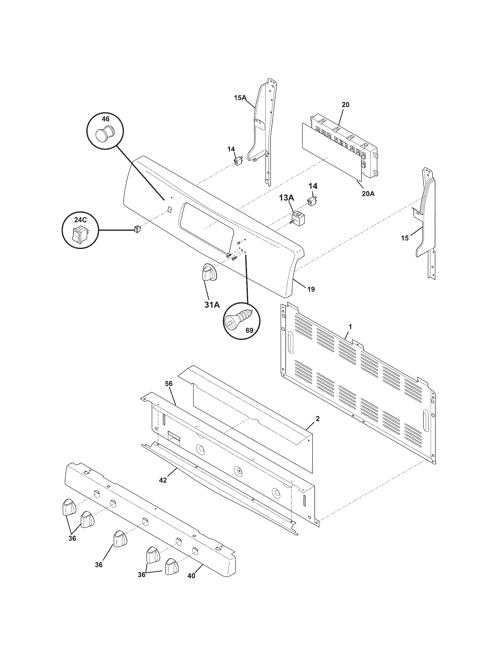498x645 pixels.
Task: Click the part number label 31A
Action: pyautogui.click(x=212, y=305)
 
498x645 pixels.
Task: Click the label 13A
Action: pyautogui.click(x=286, y=198)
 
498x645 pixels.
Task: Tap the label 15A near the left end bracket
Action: pyautogui.click(x=240, y=98)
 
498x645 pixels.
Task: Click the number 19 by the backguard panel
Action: pyautogui.click(x=311, y=289)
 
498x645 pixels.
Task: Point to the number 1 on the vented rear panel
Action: pyautogui.click(x=350, y=327)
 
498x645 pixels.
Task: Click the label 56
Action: pyautogui.click(x=169, y=384)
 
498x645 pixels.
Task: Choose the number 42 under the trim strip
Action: pyautogui.click(x=163, y=480)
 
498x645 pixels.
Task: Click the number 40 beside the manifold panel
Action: pyautogui.click(x=192, y=575)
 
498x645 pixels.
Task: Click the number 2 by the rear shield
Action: pyautogui.click(x=317, y=418)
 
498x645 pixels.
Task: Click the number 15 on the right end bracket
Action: pyautogui.click(x=405, y=238)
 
